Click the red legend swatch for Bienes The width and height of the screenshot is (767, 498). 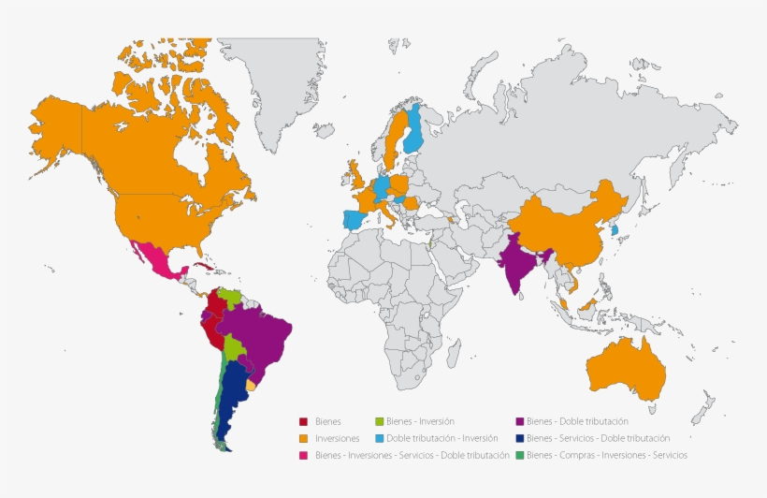coord(303,422)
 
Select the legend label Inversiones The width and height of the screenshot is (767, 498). coord(337,439)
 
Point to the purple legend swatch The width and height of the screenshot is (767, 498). coord(519,422)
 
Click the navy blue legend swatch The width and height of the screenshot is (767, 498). coord(519,438)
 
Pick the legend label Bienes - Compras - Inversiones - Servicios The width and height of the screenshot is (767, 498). coord(606,455)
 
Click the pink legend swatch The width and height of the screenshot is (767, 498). coord(303,455)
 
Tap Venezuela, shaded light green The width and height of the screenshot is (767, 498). coord(226,299)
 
